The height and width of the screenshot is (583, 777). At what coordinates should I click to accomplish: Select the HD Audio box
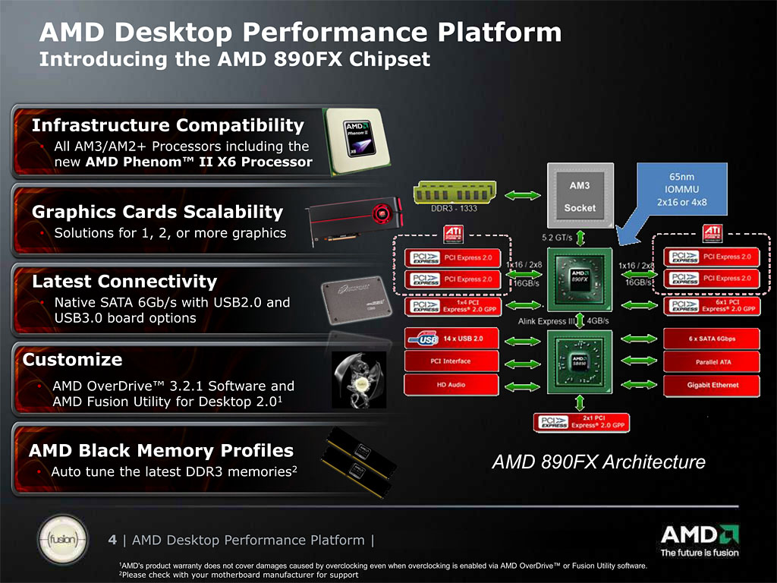(451, 385)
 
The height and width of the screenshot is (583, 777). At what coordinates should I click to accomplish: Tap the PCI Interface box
(451, 361)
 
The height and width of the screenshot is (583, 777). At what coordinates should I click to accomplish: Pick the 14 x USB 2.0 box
(451, 337)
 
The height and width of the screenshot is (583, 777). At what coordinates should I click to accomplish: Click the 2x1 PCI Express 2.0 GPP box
(581, 423)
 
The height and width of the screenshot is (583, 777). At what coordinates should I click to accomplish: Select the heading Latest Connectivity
(124, 282)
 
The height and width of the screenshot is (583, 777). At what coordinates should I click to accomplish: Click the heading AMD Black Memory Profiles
(161, 450)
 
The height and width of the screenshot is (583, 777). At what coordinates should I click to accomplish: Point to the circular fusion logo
(60, 540)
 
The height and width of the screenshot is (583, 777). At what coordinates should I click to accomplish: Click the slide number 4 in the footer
(112, 540)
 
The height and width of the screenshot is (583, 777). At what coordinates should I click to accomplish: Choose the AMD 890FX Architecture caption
(599, 462)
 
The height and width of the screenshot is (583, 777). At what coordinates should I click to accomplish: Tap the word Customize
(73, 359)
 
